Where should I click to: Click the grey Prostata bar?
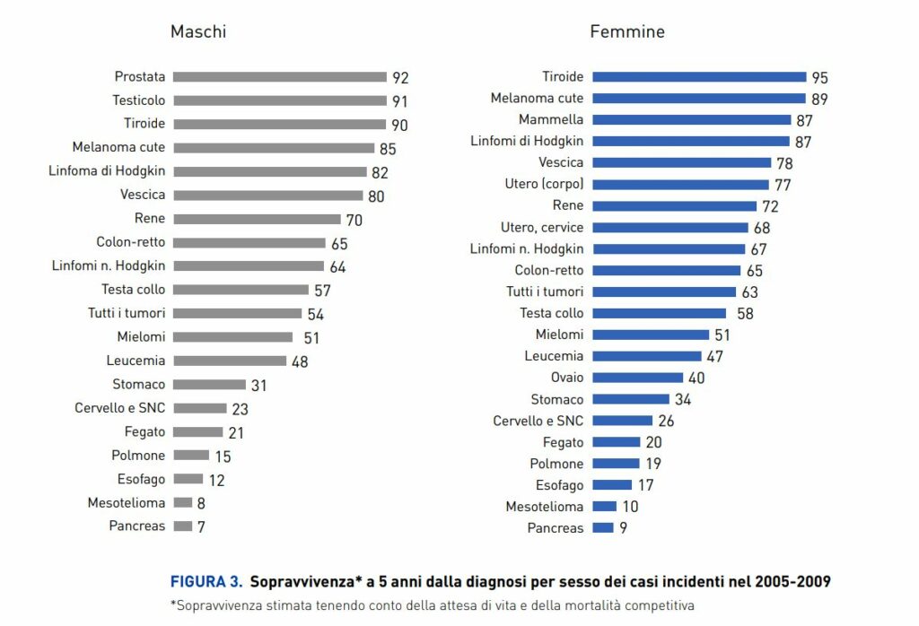point(279,77)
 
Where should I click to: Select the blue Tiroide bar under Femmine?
point(699,77)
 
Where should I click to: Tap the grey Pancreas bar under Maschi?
point(182,526)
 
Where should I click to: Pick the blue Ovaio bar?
point(638,378)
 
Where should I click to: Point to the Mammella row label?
point(551,119)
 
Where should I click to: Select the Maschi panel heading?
point(198,32)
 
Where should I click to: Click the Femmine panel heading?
point(627,32)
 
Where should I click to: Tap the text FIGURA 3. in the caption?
point(206,580)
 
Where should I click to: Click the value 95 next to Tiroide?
point(819,77)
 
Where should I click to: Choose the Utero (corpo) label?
point(544,184)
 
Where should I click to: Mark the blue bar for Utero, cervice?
point(670,227)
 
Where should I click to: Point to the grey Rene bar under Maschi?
point(257,219)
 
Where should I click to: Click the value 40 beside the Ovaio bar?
point(697,378)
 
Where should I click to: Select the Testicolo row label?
point(139,100)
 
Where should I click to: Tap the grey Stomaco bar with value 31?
point(209,385)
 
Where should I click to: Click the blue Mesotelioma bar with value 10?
point(604,507)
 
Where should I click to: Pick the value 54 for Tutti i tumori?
point(315,314)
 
